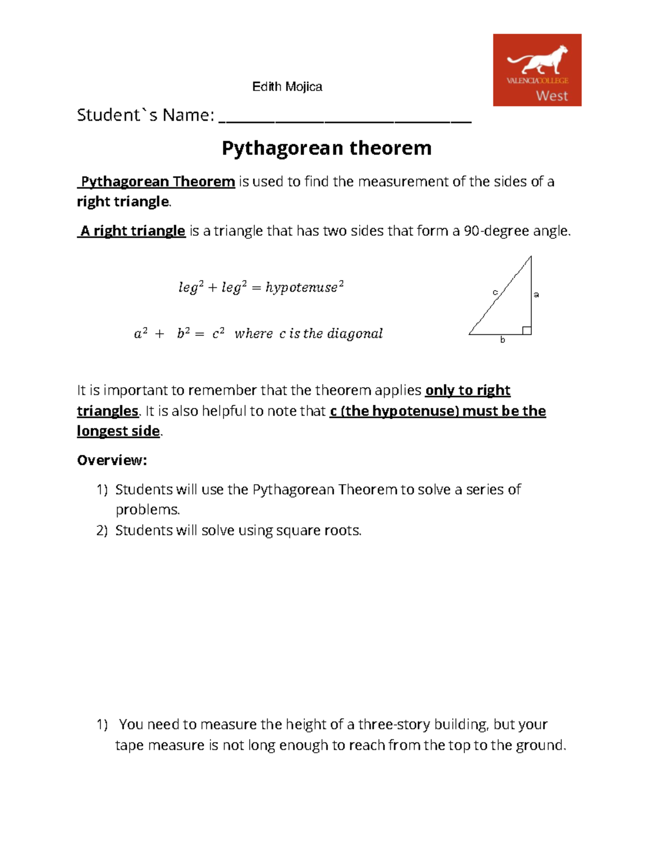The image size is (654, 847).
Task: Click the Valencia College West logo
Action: [537, 70]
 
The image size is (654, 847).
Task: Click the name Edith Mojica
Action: [287, 87]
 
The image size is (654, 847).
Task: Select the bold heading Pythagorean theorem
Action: [326, 148]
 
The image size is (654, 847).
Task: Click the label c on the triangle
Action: [495, 292]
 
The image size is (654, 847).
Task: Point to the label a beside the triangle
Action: [536, 295]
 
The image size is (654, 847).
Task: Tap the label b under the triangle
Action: [502, 340]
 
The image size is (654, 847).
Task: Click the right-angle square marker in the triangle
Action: [526, 330]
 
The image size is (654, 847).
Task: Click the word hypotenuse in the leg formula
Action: [301, 287]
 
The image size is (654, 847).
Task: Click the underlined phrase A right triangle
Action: [132, 231]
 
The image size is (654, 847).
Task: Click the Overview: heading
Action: [112, 460]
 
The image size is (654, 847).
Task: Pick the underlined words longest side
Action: [118, 431]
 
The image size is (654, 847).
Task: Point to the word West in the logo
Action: [552, 96]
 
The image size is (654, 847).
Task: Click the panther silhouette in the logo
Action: [537, 59]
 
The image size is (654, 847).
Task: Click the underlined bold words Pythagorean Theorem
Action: [158, 182]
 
